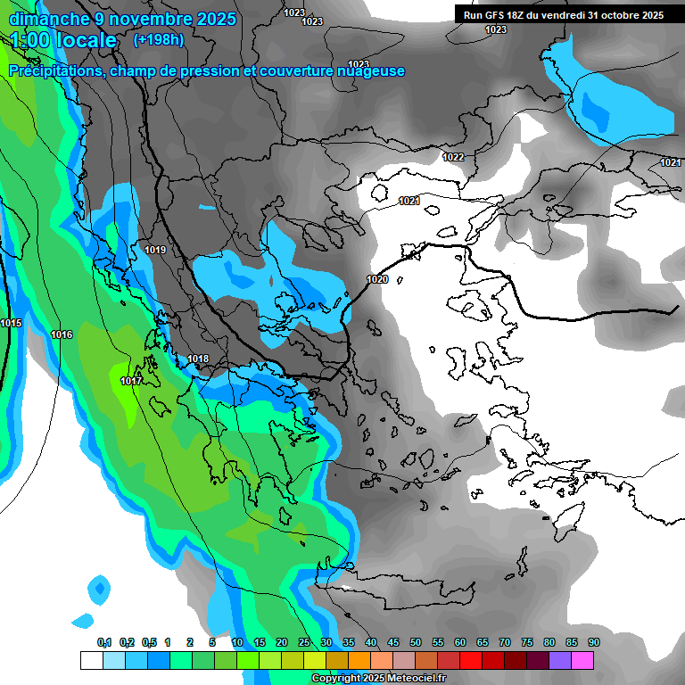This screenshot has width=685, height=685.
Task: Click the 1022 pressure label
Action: [x=453, y=157]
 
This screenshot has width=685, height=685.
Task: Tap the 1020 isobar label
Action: [x=377, y=279]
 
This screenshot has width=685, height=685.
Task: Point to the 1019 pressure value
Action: [x=155, y=250]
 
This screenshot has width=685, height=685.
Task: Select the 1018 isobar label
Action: [x=198, y=359]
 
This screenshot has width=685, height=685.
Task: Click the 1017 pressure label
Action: [x=131, y=381]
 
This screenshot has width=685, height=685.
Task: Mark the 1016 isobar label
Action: [x=62, y=334]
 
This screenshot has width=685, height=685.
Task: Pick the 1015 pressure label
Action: [x=12, y=323]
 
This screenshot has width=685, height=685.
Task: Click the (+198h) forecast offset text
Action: [x=159, y=40]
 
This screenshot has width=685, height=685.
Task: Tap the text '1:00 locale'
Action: [x=63, y=40]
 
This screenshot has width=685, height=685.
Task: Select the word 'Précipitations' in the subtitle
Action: [x=55, y=71]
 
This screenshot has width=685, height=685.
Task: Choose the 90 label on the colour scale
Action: [x=593, y=642]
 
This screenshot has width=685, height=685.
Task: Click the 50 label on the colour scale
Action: [x=415, y=642]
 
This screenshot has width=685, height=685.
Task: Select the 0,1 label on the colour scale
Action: [x=103, y=642]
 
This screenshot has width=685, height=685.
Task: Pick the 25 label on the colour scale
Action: [x=303, y=642]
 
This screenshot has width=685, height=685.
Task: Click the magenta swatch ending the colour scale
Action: [x=582, y=660]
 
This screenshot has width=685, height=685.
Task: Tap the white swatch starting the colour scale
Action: [x=91, y=660]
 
